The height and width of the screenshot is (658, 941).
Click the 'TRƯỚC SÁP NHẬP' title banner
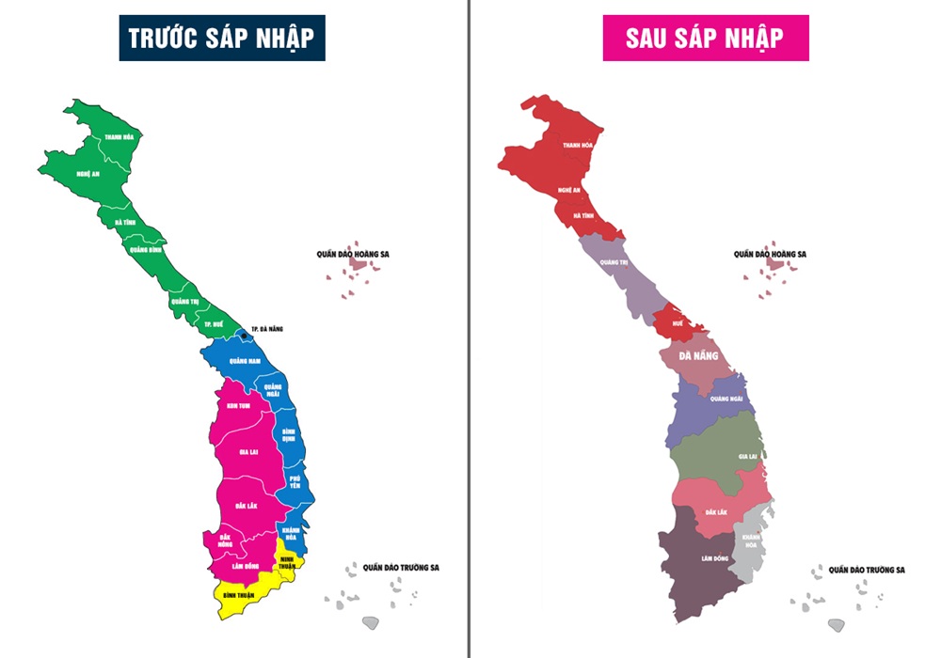(x=221, y=38)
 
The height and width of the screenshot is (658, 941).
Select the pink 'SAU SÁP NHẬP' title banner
(x=705, y=38)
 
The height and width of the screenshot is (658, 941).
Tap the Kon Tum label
(x=238, y=406)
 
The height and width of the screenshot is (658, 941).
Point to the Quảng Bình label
(x=145, y=250)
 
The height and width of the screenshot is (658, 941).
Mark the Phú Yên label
(x=295, y=482)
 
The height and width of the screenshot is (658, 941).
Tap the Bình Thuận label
(x=242, y=596)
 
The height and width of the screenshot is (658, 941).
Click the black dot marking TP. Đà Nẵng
(x=244, y=336)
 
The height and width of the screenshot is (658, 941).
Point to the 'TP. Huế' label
(x=214, y=324)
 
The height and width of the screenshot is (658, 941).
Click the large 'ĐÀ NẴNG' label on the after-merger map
(x=699, y=357)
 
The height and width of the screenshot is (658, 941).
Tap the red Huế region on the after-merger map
(x=680, y=322)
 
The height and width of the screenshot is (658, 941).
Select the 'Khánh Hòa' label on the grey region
(x=750, y=541)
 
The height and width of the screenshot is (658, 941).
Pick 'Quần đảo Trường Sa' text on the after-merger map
(x=866, y=570)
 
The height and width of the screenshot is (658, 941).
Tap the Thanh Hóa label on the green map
(x=119, y=137)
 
